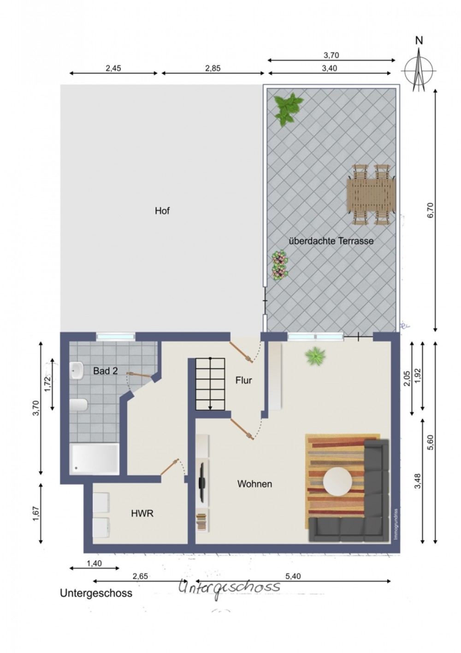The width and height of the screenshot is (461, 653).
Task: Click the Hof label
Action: coord(162,210)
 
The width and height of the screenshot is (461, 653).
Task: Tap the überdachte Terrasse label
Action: coord(331,241)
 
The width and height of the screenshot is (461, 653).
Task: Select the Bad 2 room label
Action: coord(106,371)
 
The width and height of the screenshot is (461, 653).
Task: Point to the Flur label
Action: coord(243,380)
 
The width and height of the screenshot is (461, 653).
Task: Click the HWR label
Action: coord(142,513)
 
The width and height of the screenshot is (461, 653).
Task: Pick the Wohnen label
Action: coord(254,484)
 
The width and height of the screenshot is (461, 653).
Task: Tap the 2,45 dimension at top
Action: coord(113,68)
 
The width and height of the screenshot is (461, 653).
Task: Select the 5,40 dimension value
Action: coord(293,576)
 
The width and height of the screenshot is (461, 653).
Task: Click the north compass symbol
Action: coord(419,66)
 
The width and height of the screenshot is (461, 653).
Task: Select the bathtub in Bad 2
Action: coord(94,459)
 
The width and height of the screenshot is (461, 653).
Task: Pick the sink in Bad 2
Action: coord(77,370)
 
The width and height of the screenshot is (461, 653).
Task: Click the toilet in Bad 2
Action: coord(79,405)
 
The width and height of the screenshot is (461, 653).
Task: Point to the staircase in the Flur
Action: coord(210,384)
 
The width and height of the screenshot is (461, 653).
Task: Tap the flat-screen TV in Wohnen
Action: coord(201,480)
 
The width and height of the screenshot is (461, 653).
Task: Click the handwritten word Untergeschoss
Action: coord(229,586)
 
